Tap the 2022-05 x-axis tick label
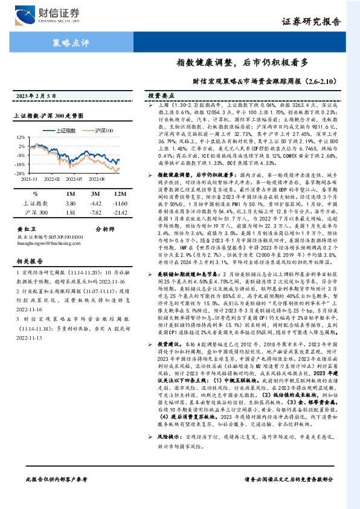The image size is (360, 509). click(x=79, y=180)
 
